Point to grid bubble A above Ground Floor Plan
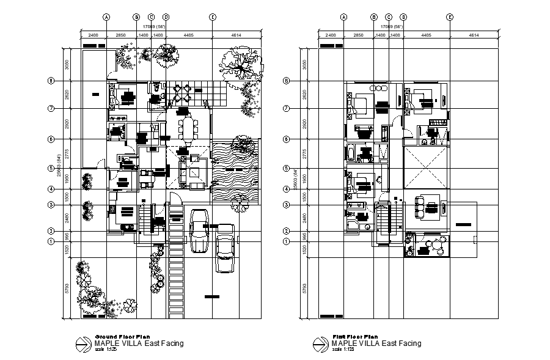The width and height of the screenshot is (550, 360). pyautogui.click(x=106, y=17)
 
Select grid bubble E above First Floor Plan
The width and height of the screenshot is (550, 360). pyautogui.click(x=450, y=17)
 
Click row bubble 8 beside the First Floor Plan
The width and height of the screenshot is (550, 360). pyautogui.click(x=287, y=80)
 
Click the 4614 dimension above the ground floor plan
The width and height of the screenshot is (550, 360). pyautogui.click(x=236, y=36)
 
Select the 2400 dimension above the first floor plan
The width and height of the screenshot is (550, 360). pyautogui.click(x=331, y=36)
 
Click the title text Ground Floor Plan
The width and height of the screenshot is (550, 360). pyautogui.click(x=122, y=337)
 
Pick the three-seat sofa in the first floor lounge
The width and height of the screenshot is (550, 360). pyautogui.click(x=420, y=207)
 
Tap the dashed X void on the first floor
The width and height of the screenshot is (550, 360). pyautogui.click(x=426, y=166)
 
